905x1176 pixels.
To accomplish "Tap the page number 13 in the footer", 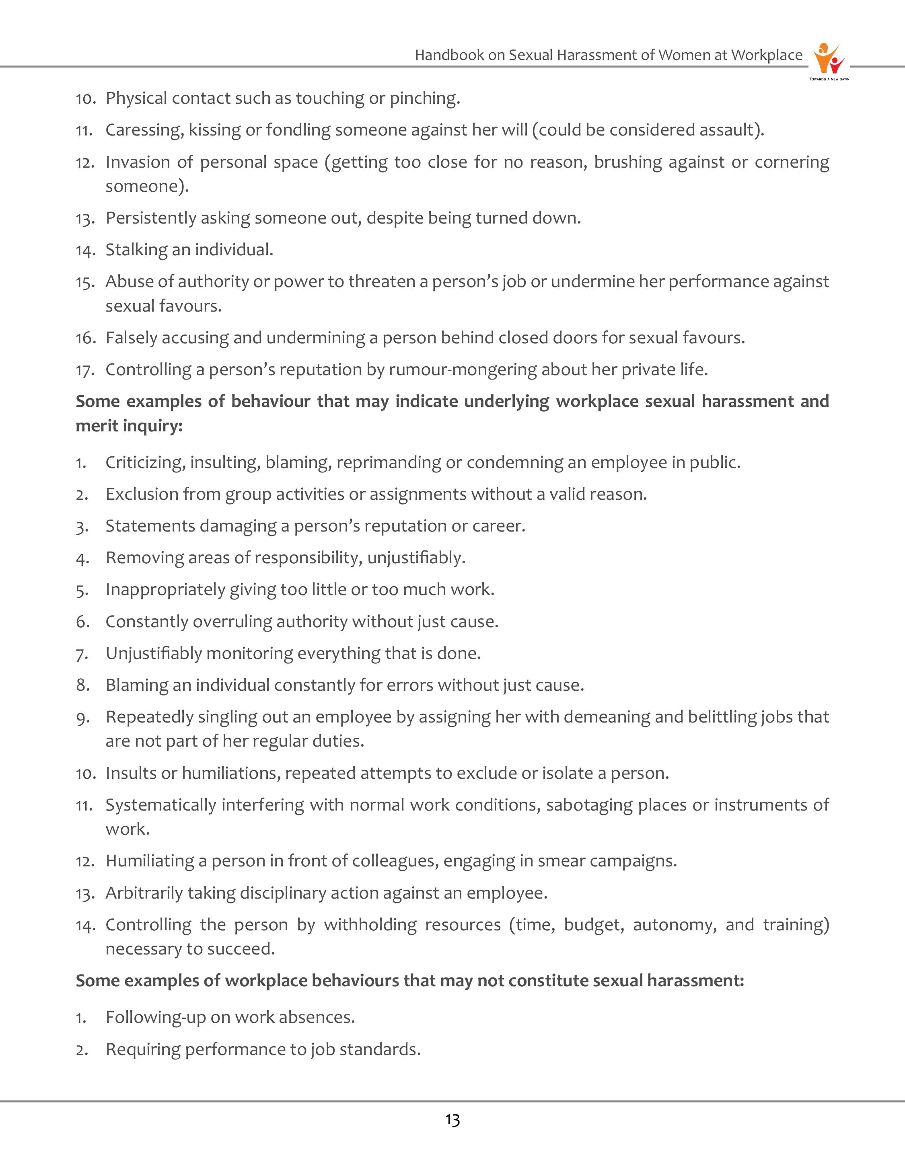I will pos(452,1120).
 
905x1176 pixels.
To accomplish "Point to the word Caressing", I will pos(143,130).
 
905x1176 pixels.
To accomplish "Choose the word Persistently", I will pos(150,218).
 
